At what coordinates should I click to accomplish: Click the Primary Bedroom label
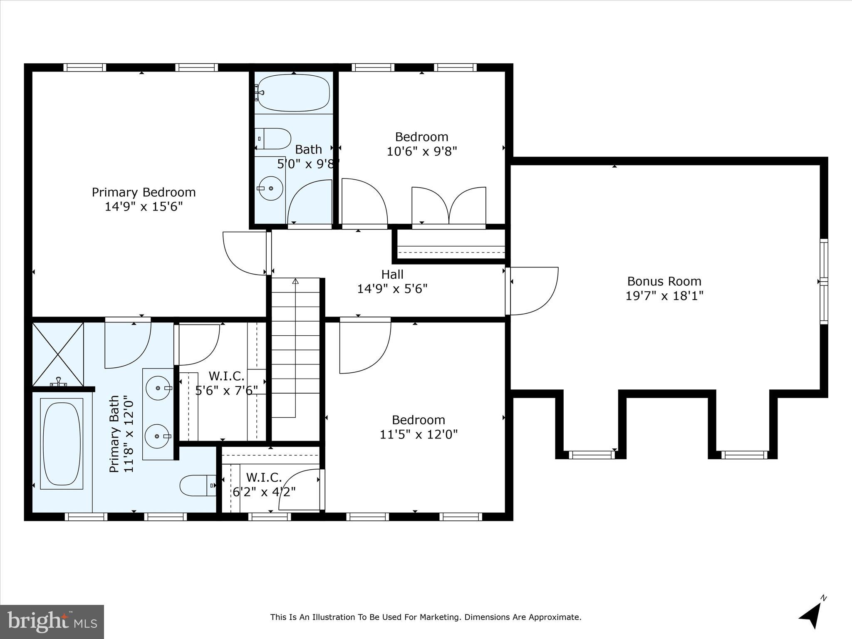tap(144, 192)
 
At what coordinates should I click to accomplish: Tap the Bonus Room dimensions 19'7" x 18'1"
tap(664, 296)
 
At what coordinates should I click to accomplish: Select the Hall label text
tap(392, 275)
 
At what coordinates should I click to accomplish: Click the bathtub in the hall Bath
tap(294, 93)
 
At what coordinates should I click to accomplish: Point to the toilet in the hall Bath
tap(273, 139)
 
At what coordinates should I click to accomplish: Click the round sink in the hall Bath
tap(271, 188)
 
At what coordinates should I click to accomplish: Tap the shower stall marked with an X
tap(58, 354)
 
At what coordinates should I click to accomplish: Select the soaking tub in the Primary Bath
tap(62, 443)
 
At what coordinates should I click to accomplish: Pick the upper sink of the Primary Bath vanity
tap(158, 388)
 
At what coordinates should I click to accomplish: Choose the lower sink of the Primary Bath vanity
tap(157, 436)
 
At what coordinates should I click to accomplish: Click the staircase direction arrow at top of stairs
tap(295, 281)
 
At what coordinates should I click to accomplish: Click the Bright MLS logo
tap(52, 622)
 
